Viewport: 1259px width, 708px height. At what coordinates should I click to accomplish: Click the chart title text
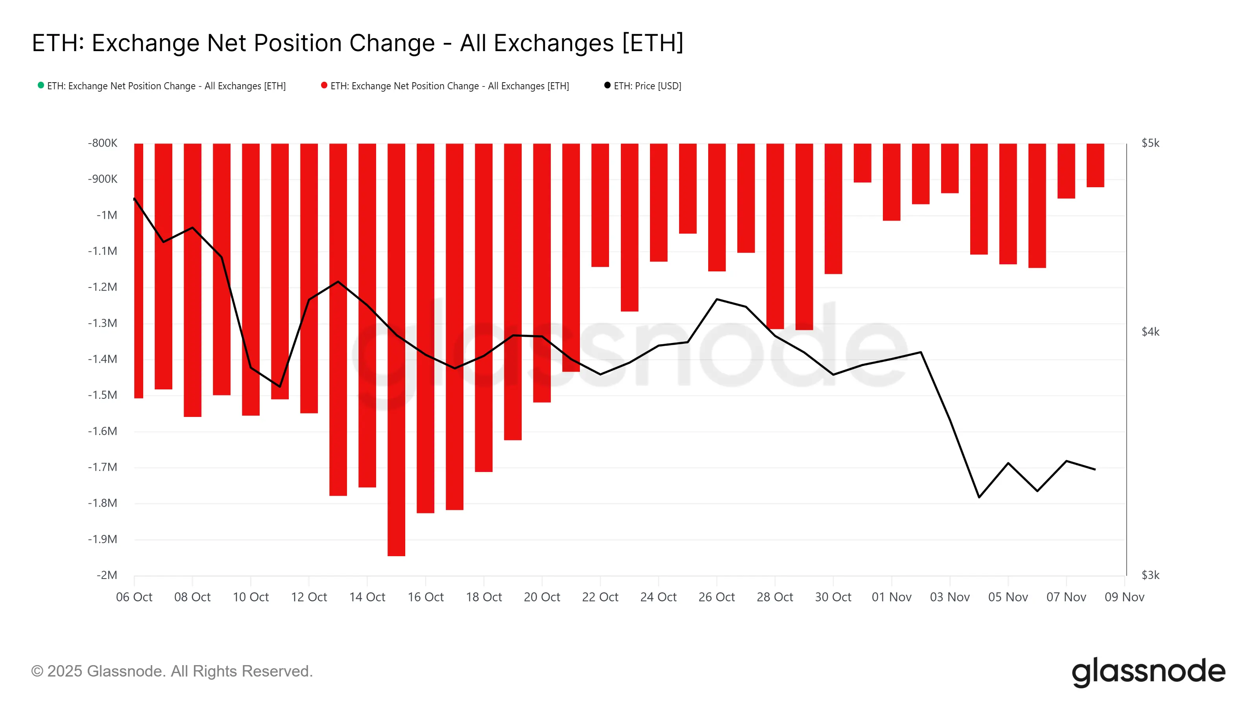[x=357, y=43]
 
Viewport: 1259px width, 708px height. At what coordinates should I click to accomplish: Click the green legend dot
[x=41, y=85]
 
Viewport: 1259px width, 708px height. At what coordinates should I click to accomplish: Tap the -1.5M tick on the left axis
[x=103, y=395]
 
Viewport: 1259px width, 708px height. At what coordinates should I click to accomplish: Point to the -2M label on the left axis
[x=107, y=575]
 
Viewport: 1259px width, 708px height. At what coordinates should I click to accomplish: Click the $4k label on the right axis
[x=1150, y=332]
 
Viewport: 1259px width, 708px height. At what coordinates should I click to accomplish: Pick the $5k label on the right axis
[x=1150, y=143]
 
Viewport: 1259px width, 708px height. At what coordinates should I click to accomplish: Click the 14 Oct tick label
[x=367, y=597]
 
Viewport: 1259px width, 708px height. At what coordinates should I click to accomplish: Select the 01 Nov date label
[x=891, y=597]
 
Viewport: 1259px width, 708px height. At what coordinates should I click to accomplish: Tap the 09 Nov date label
[x=1124, y=597]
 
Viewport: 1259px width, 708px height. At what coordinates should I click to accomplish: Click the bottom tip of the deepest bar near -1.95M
[x=396, y=555]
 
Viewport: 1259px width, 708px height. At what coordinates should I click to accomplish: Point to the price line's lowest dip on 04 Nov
[x=978, y=497]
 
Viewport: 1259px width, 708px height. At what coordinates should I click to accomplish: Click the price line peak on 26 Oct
[x=716, y=299]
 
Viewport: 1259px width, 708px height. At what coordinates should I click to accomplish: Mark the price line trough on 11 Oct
[x=280, y=387]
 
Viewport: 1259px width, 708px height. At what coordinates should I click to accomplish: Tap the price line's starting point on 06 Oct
[x=135, y=199]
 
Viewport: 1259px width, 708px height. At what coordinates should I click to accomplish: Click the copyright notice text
[x=172, y=671]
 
